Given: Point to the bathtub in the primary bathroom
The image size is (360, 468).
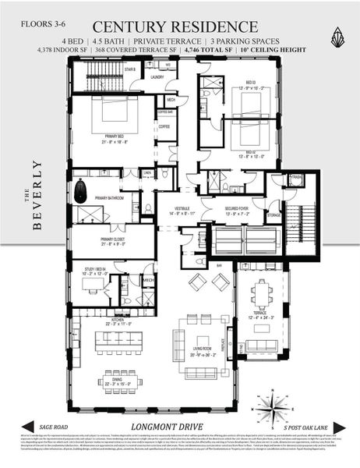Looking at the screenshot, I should (x=80, y=190).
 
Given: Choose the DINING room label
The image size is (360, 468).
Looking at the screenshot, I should (x=113, y=379).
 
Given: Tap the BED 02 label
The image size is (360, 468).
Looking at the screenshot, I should (x=244, y=153).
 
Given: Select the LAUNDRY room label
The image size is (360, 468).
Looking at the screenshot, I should (x=156, y=77).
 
